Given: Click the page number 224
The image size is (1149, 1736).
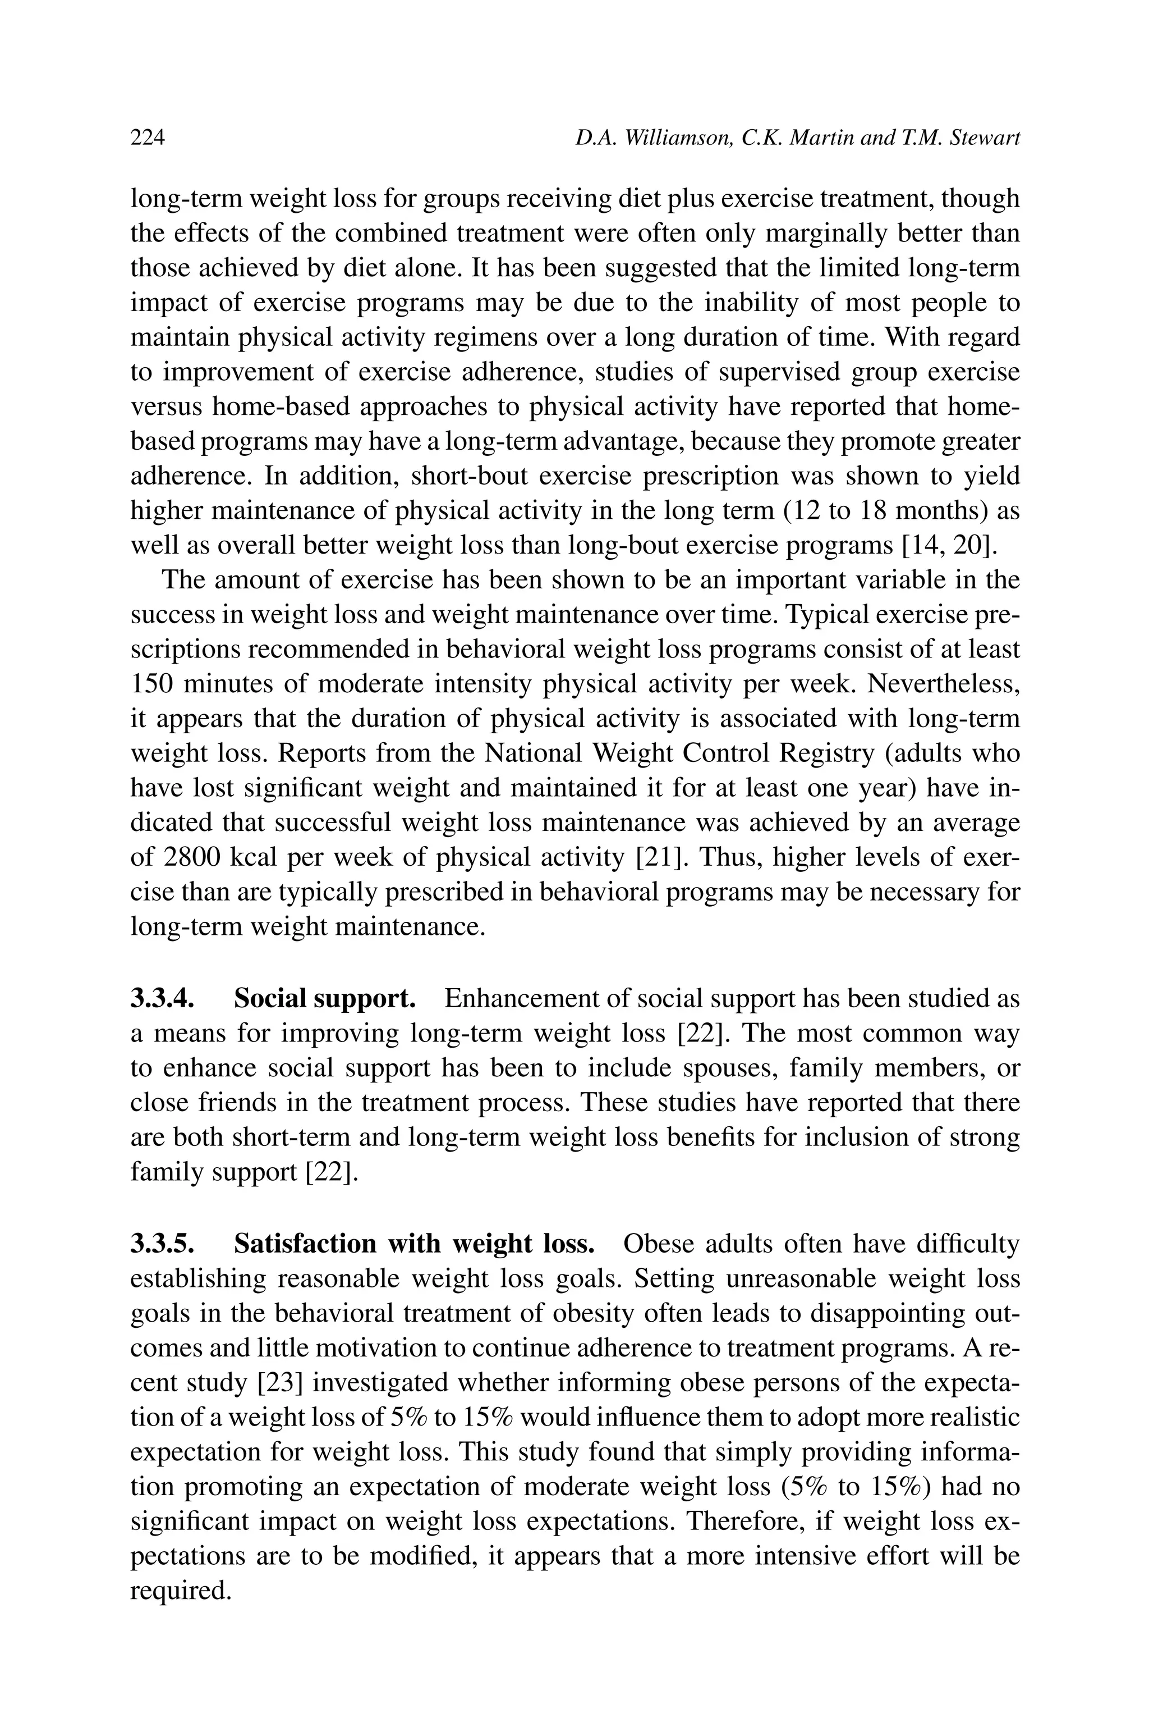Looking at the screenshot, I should tap(148, 138).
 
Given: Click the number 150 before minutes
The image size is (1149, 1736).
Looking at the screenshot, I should tap(150, 684).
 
